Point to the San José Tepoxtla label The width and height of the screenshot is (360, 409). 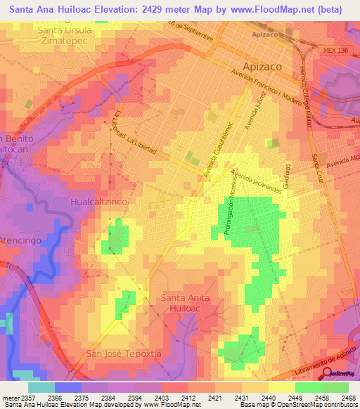(x=119, y=352)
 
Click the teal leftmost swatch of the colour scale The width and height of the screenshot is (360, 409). (x=41, y=387)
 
